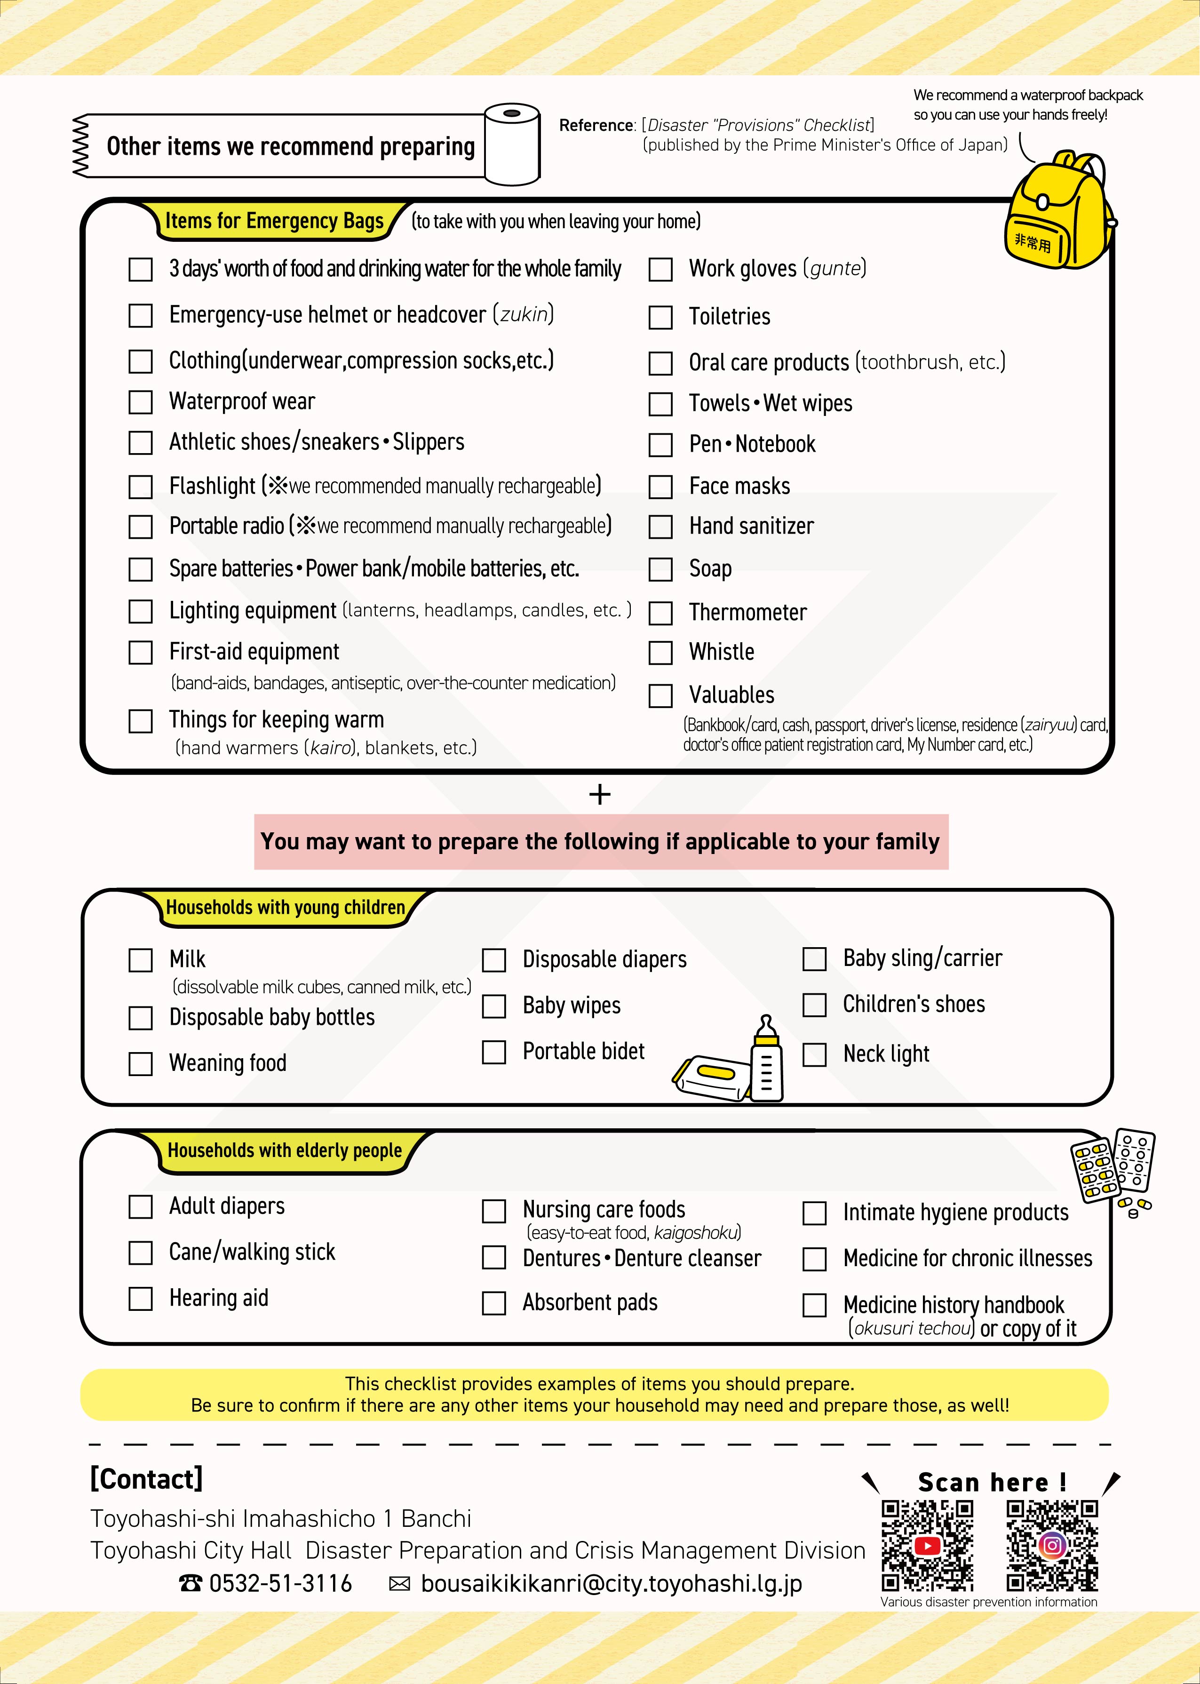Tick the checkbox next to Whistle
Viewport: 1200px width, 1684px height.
[660, 653]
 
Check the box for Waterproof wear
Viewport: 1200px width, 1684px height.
[140, 402]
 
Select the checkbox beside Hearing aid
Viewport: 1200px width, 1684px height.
[140, 1298]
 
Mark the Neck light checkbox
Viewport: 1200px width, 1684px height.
[814, 1054]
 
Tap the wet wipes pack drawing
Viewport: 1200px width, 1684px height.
[712, 1078]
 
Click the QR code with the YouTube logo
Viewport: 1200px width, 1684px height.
[927, 1545]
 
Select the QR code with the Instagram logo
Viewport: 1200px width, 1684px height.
[1052, 1545]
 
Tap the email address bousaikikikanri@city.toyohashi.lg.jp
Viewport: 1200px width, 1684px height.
[611, 1583]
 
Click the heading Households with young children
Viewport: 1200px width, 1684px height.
[285, 907]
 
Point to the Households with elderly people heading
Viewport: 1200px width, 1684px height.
[285, 1150]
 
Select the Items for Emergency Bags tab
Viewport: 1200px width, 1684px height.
[274, 221]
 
